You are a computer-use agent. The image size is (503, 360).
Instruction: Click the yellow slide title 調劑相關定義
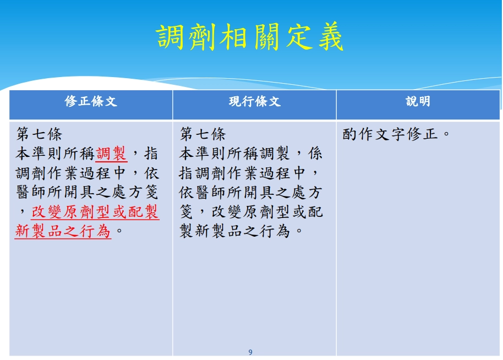pyautogui.click(x=250, y=37)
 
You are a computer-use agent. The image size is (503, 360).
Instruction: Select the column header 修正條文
pyautogui.click(x=91, y=101)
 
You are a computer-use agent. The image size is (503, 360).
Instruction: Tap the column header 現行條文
pyautogui.click(x=255, y=101)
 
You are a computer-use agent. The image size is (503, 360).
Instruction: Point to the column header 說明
pyautogui.click(x=418, y=101)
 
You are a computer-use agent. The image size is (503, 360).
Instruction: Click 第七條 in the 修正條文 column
pyautogui.click(x=39, y=134)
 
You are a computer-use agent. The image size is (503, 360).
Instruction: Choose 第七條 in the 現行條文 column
pyautogui.click(x=203, y=134)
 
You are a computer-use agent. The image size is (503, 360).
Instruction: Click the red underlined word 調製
pyautogui.click(x=111, y=154)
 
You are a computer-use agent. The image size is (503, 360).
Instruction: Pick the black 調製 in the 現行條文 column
pyautogui.click(x=275, y=154)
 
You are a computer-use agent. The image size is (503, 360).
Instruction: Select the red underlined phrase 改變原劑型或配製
pyautogui.click(x=95, y=212)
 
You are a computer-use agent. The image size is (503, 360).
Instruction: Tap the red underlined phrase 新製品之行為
pyautogui.click(x=63, y=231)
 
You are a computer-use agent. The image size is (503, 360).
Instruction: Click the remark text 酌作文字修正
pyautogui.click(x=390, y=134)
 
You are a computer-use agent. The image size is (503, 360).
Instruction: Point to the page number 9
pyautogui.click(x=250, y=352)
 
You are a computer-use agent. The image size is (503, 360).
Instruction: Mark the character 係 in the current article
pyautogui.click(x=315, y=154)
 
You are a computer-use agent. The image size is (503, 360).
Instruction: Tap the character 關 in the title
pyautogui.click(x=266, y=37)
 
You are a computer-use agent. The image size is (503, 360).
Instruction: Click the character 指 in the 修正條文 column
pyautogui.click(x=151, y=154)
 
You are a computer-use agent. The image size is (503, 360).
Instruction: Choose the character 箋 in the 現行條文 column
pyautogui.click(x=187, y=212)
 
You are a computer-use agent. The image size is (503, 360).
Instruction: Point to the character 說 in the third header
pyautogui.click(x=412, y=101)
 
